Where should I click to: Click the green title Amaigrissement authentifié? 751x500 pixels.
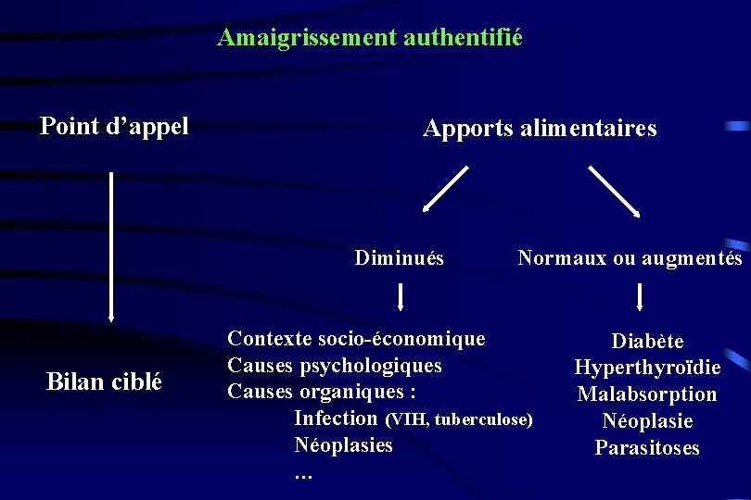(x=370, y=38)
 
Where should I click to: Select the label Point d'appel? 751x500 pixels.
(x=114, y=126)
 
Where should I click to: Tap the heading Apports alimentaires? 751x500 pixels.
(x=540, y=129)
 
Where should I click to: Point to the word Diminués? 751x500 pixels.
(x=399, y=258)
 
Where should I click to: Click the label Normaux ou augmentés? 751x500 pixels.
(x=630, y=258)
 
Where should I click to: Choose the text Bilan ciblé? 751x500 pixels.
(x=104, y=381)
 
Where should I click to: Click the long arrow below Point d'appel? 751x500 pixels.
(x=111, y=246)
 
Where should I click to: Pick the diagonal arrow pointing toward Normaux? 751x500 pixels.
(x=614, y=190)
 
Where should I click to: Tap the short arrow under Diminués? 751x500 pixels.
(x=400, y=296)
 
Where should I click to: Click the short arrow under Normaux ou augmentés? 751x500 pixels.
(x=640, y=296)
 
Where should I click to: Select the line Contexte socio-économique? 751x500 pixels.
(x=356, y=338)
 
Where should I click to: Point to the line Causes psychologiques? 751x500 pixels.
(x=335, y=365)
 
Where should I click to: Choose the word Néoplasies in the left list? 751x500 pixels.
(x=343, y=445)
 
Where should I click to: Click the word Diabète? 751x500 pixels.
(x=647, y=341)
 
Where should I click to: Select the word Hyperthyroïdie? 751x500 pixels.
(x=647, y=368)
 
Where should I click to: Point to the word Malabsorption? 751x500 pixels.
(x=647, y=394)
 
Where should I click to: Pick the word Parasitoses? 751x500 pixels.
(x=647, y=448)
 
